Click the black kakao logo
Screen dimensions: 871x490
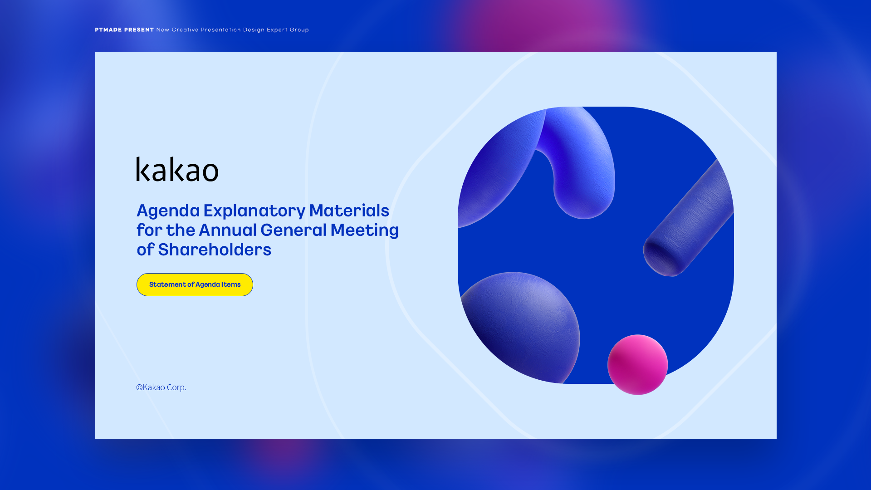coord(177,169)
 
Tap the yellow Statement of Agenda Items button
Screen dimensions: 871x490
coord(195,284)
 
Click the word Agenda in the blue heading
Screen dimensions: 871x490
coord(168,211)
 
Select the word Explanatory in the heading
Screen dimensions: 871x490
coord(254,211)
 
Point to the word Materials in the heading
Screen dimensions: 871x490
coord(349,211)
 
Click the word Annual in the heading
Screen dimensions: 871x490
coord(228,230)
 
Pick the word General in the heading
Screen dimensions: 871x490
coord(294,230)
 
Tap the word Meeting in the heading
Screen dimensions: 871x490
coord(365,230)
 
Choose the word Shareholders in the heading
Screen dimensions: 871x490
coord(215,250)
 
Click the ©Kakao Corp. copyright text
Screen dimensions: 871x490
coord(161,387)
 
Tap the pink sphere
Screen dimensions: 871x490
coord(637,365)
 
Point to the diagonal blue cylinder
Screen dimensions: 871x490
coord(688,218)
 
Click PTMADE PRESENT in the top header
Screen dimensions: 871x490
coord(124,30)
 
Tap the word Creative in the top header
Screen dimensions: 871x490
coord(185,30)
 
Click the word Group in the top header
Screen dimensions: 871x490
coord(299,30)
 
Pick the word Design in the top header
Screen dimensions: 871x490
coord(254,30)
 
